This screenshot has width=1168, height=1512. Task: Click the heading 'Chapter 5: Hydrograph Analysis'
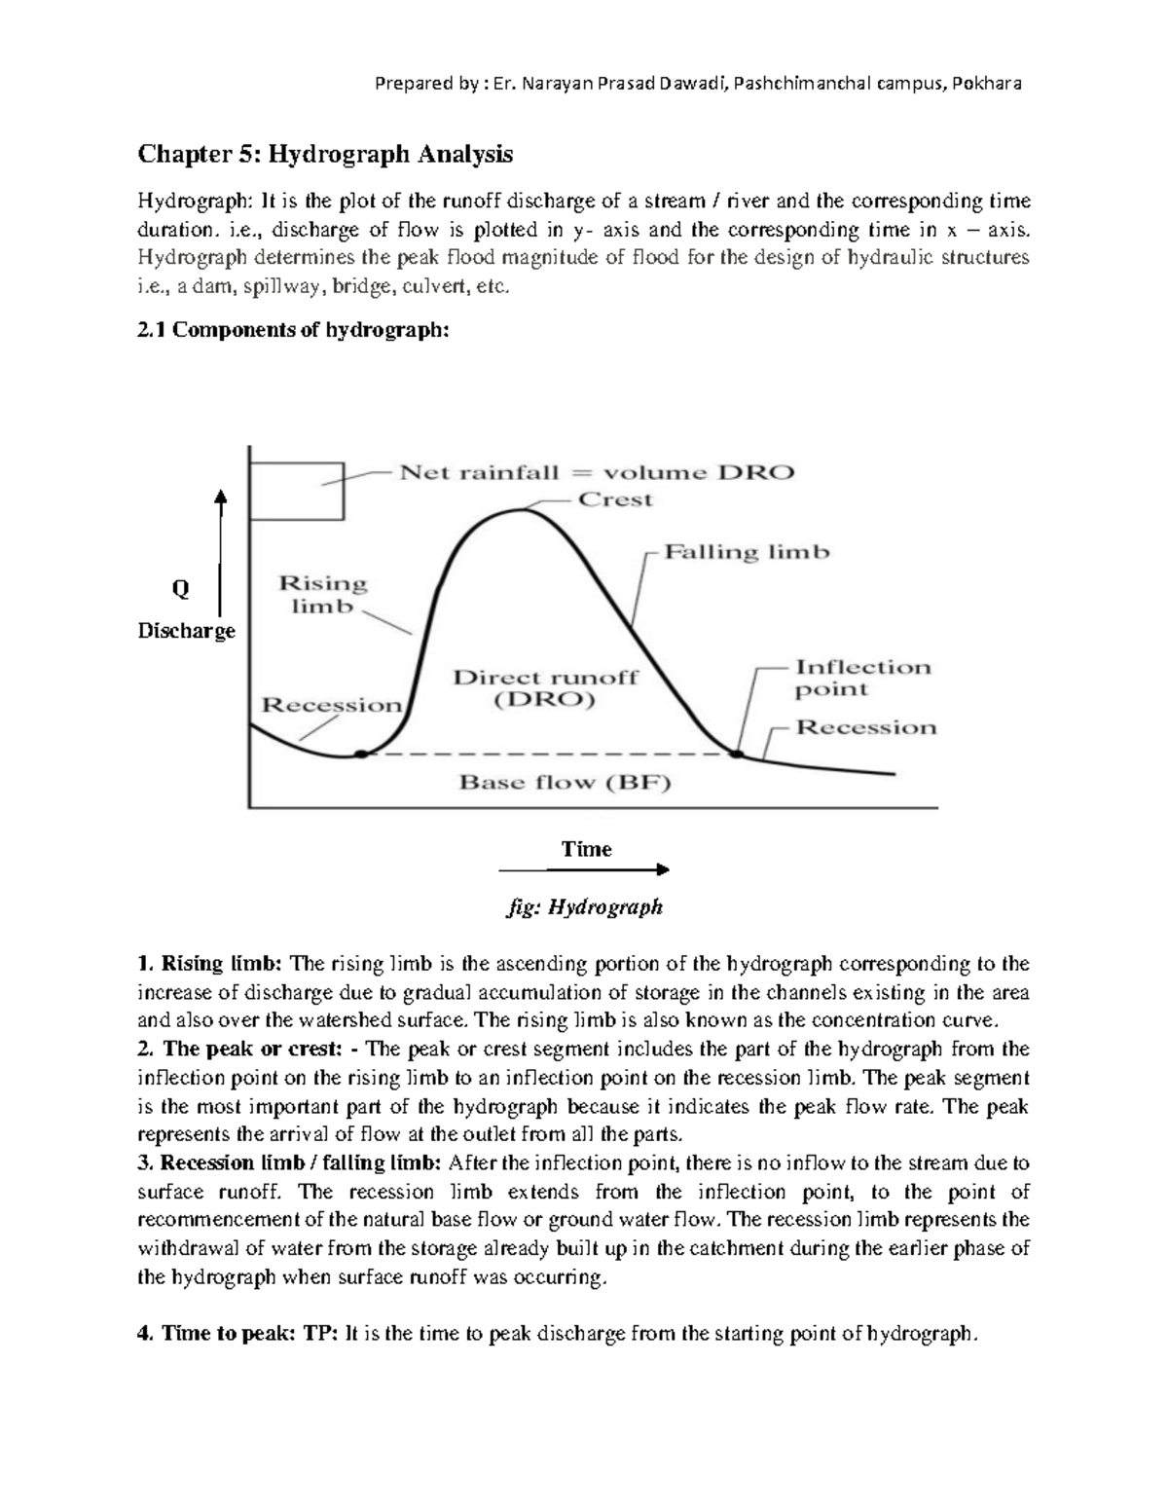tap(325, 154)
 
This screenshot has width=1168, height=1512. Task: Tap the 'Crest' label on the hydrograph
tap(615, 499)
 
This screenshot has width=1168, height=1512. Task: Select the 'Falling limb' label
tap(747, 552)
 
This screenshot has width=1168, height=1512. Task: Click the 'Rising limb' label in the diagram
tap(323, 594)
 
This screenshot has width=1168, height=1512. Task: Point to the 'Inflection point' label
tap(862, 679)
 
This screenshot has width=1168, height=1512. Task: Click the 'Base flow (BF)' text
tap(566, 782)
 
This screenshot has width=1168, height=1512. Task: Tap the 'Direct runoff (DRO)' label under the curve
tap(545, 687)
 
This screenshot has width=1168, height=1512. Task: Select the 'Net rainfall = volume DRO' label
tap(598, 473)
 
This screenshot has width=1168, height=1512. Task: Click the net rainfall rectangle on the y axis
tap(297, 491)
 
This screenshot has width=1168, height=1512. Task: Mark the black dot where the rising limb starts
tap(361, 755)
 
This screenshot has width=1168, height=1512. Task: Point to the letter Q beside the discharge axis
tap(180, 589)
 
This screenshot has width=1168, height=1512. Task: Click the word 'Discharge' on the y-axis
tap(187, 631)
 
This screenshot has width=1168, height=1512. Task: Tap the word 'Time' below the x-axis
tap(586, 849)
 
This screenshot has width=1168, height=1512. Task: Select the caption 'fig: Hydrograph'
tap(585, 907)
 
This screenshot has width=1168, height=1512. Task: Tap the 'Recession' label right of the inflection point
tap(865, 727)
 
